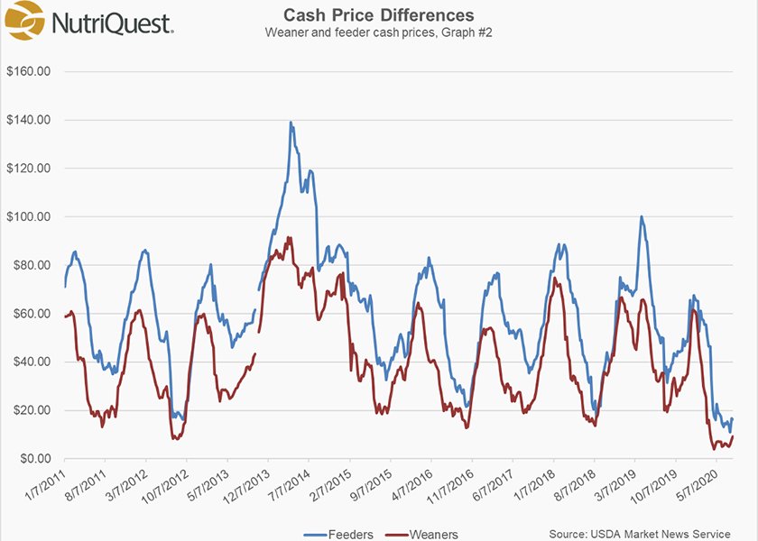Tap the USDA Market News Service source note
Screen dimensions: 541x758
(x=639, y=535)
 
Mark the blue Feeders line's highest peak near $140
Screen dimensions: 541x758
(x=291, y=123)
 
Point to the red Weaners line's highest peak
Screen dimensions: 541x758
(x=289, y=238)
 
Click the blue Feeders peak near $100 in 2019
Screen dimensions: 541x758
(x=641, y=216)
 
